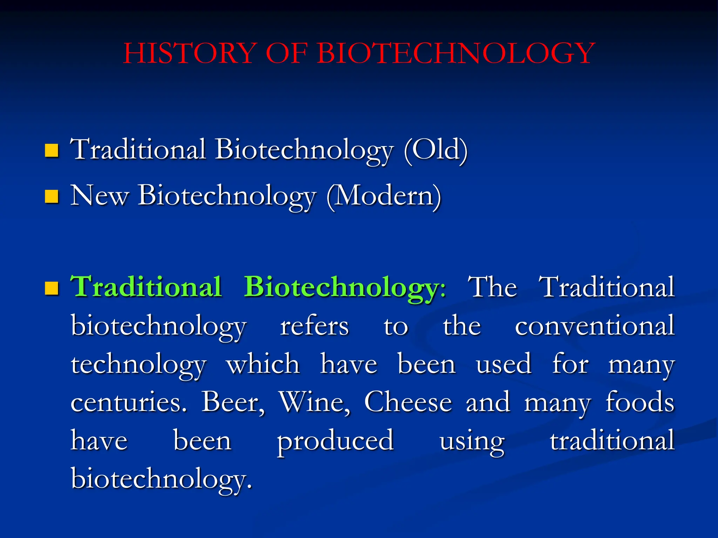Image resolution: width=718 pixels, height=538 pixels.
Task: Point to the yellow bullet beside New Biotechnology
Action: pos(52,196)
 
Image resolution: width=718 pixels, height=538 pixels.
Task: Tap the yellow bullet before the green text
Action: pos(52,288)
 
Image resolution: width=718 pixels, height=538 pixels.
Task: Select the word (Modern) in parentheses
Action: pos(384,196)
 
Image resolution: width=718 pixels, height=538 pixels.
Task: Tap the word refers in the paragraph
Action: pos(314,326)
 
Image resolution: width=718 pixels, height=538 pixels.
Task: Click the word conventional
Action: pos(595,326)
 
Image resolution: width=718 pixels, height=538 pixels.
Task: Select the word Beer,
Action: pos(233,402)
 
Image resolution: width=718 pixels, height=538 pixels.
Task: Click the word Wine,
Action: pos(314,402)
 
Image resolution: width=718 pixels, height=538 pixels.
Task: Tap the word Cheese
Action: pos(408,402)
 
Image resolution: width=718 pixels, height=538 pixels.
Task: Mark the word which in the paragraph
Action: pos(263,364)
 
